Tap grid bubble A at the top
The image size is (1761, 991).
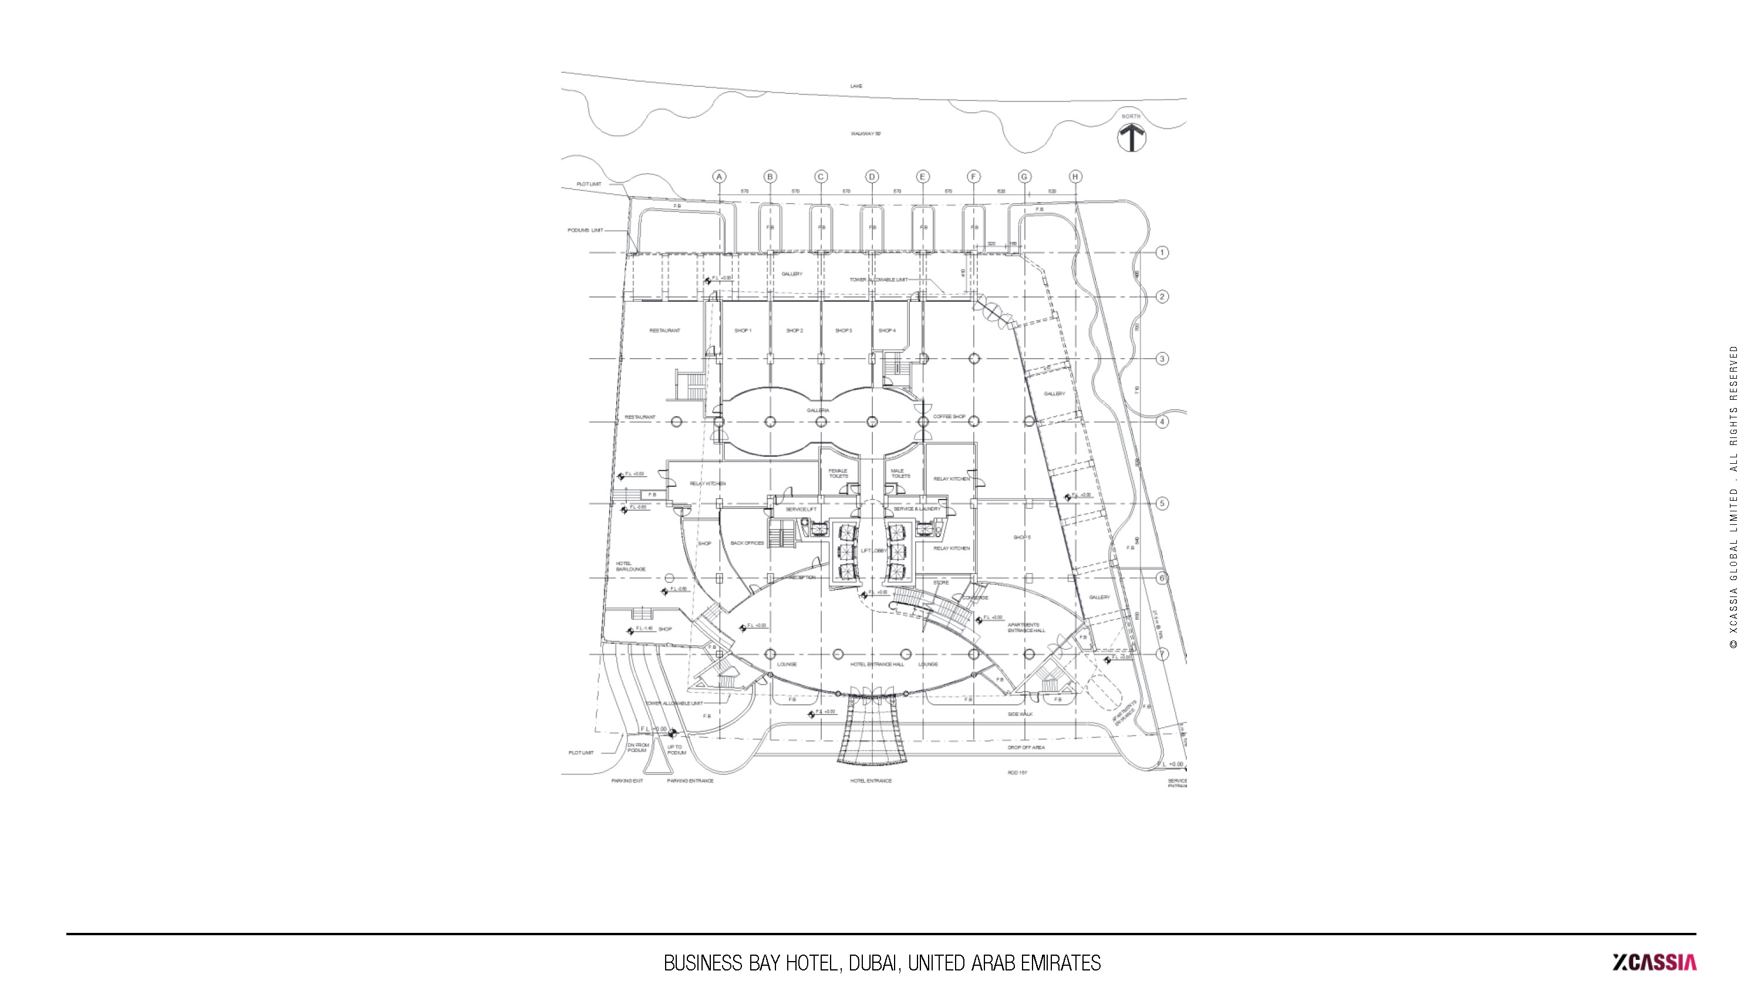[719, 177]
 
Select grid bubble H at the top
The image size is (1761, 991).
[1075, 177]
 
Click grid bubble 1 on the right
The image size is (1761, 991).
[1162, 252]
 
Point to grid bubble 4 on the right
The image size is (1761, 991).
[1162, 422]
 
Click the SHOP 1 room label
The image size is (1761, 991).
[743, 331]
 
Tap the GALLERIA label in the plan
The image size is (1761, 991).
[818, 410]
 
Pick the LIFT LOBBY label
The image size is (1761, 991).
[873, 551]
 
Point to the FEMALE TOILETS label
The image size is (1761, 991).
[838, 473]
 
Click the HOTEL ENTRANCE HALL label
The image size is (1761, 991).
[877, 664]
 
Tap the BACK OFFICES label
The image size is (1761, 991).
[747, 543]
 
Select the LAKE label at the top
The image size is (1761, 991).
[856, 86]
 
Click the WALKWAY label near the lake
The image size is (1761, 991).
[865, 134]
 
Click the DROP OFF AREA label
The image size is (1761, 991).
[1025, 747]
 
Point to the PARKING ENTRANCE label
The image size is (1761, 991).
[690, 780]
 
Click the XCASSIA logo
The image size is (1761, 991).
[1654, 962]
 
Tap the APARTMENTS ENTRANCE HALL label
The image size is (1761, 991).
[1025, 628]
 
